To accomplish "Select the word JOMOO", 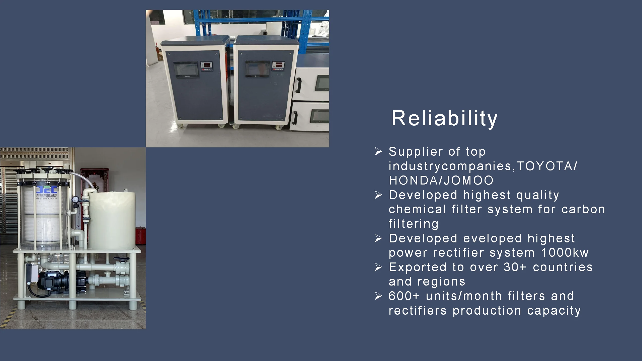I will click(468, 180).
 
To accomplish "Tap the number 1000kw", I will click(565, 252).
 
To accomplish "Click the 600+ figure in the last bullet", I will click(404, 296).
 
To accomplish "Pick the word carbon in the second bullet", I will click(583, 209).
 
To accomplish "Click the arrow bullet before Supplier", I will click(378, 151).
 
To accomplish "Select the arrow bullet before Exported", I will click(378, 267).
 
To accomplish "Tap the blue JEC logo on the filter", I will click(47, 190).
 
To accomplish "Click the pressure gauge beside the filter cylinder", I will click(75, 200).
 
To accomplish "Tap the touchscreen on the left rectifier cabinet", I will click(186, 69).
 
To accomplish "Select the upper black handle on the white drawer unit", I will click(299, 85).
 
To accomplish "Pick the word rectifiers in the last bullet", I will click(418, 311).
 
